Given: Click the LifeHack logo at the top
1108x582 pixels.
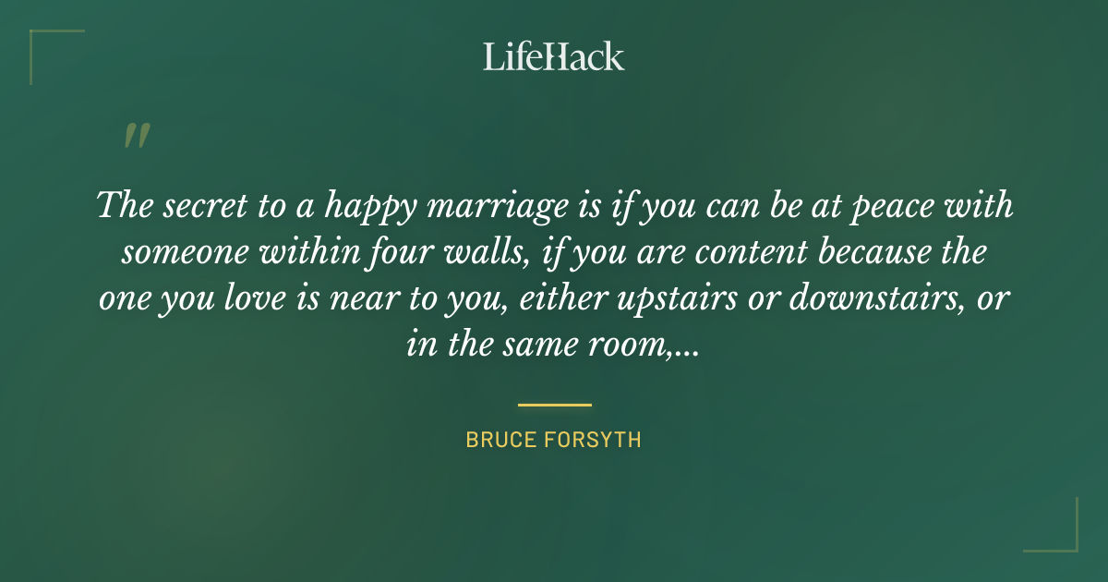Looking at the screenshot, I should (x=554, y=56).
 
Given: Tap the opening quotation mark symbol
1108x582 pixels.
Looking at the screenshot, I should (x=136, y=137).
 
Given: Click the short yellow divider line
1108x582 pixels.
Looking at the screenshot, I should (x=554, y=405).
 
